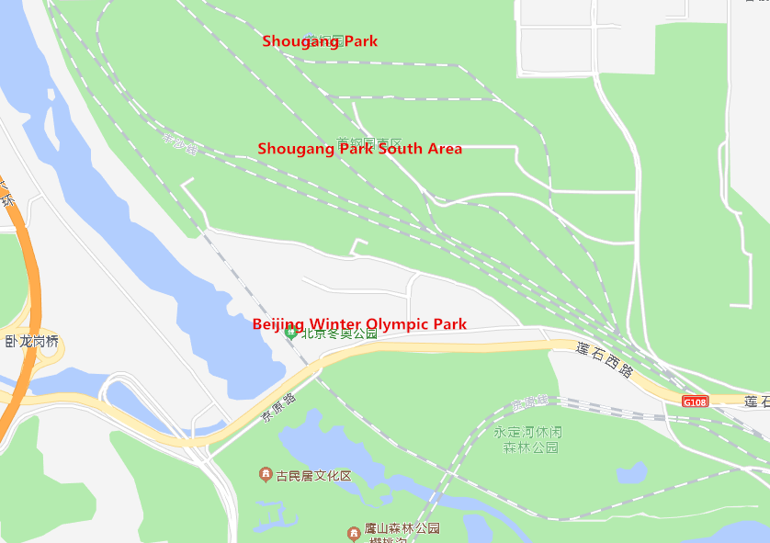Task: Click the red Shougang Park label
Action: [x=319, y=41]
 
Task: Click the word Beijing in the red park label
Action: [x=278, y=324]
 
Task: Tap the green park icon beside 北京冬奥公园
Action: [x=291, y=334]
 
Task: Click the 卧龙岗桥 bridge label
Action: [x=31, y=342]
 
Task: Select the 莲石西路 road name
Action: [x=605, y=360]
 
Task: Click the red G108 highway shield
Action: [x=696, y=402]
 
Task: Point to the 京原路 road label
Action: [x=277, y=407]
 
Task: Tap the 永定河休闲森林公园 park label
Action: [x=527, y=439]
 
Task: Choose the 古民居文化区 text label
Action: [x=314, y=476]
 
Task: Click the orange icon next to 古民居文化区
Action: [x=266, y=475]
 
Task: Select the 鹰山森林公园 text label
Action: [x=402, y=529]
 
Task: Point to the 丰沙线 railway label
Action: [x=180, y=144]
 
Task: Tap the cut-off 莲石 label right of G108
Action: [x=756, y=402]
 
